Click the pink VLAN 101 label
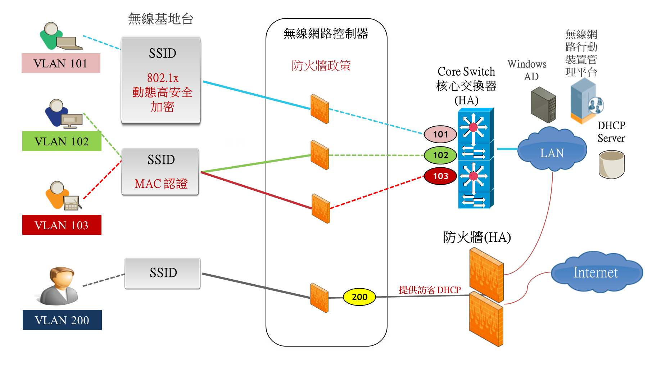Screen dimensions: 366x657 [61, 63]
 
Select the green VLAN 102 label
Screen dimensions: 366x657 [62, 141]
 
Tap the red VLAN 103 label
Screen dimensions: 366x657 [62, 225]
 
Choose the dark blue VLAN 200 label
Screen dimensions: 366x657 [62, 320]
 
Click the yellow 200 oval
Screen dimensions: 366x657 [359, 297]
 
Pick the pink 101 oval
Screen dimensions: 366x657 [440, 134]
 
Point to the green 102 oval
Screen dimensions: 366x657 [440, 155]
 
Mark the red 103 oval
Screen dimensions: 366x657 [440, 176]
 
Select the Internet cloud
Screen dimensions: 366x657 [595, 272]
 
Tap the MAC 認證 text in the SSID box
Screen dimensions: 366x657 [161, 184]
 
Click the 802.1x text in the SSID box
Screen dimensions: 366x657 [163, 78]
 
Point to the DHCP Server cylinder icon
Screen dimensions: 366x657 [611, 164]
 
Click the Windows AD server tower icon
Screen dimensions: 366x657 [544, 105]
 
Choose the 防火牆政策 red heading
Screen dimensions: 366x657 [321, 65]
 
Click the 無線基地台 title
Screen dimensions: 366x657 [160, 19]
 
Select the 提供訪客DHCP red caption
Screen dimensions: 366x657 [430, 290]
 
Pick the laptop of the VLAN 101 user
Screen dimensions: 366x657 [69, 44]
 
